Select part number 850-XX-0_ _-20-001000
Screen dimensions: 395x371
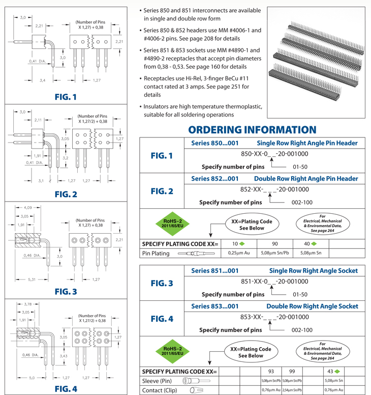click(274, 154)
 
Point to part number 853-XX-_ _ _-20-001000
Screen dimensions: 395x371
click(274, 317)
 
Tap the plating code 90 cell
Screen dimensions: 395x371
click(274, 244)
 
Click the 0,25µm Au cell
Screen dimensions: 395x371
click(238, 253)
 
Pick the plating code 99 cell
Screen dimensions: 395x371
click(292, 372)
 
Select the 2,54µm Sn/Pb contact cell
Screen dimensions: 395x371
click(292, 390)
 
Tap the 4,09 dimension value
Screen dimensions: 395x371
click(28, 207)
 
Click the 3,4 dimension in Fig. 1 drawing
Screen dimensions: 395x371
click(43, 80)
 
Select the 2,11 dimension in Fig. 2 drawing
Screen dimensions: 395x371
click(39, 120)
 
